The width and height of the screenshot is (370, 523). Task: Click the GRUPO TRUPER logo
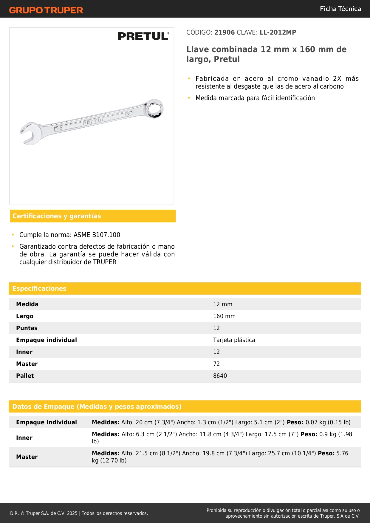tap(46, 10)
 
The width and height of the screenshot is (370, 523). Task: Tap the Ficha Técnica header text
tap(340, 9)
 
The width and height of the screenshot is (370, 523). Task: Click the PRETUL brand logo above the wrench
tap(143, 36)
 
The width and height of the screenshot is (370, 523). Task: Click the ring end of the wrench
tap(154, 109)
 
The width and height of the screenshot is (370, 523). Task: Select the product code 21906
tap(225, 33)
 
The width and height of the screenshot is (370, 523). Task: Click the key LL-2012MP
tap(278, 33)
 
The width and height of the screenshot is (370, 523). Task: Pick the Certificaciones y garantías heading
tap(57, 216)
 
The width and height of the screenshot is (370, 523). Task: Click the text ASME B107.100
tap(97, 235)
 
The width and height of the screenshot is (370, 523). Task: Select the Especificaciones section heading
tap(39, 289)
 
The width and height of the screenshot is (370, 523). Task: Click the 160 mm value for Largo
tap(224, 316)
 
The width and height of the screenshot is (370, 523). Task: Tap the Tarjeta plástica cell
tap(234, 340)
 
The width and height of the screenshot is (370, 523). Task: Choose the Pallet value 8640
tap(220, 376)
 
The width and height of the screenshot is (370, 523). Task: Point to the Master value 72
tap(216, 364)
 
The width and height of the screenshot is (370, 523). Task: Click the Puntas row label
tap(27, 328)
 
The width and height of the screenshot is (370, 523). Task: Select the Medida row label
tap(27, 304)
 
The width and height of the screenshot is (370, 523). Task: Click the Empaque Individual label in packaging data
tap(47, 422)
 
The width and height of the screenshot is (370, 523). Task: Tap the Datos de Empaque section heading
tap(97, 407)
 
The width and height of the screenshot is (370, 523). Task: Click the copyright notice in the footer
tap(79, 513)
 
